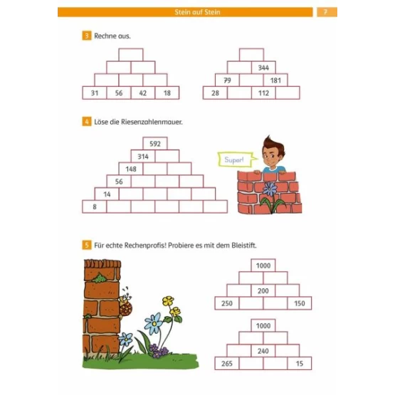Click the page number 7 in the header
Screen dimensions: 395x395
pyautogui.click(x=325, y=12)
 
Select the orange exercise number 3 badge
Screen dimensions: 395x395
pyautogui.click(x=87, y=36)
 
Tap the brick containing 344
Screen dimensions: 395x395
pyautogui.click(x=263, y=68)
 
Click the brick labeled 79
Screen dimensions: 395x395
pyautogui.click(x=227, y=80)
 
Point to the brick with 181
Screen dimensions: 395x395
pyautogui.click(x=275, y=80)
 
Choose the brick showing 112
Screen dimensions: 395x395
pyautogui.click(x=263, y=93)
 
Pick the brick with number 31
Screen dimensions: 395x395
pyautogui.click(x=95, y=93)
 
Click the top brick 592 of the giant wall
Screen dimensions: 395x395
pyautogui.click(x=155, y=144)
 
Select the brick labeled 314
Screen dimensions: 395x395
pyautogui.click(x=143, y=156)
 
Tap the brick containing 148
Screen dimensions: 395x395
pyautogui.click(x=131, y=169)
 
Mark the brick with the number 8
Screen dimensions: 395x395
pyautogui.click(x=95, y=206)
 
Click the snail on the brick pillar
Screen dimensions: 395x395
pyautogui.click(x=125, y=304)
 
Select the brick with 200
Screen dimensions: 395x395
pyautogui.click(x=263, y=290)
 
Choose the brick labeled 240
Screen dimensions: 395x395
pyautogui.click(x=263, y=351)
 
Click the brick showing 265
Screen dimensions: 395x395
pyautogui.click(x=227, y=364)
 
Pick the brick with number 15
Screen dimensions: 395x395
pyautogui.click(x=300, y=364)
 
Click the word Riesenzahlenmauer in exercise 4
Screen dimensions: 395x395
pyautogui.click(x=152, y=122)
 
